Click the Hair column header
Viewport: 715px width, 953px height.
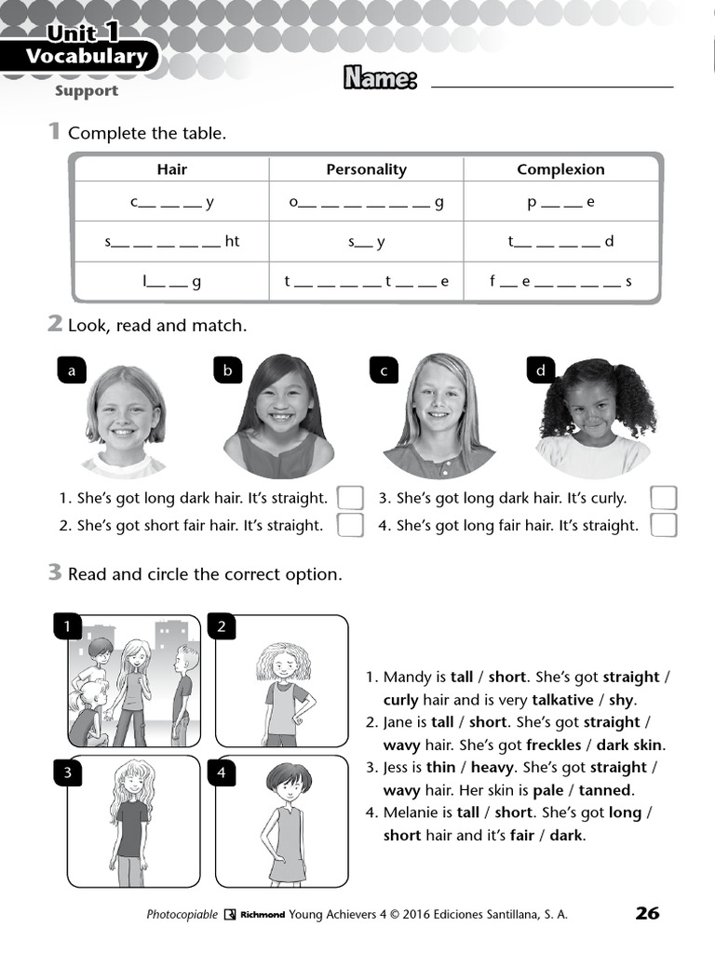pyautogui.click(x=172, y=169)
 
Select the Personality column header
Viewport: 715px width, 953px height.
pyautogui.click(x=366, y=169)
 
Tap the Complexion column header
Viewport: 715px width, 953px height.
pyautogui.click(x=560, y=169)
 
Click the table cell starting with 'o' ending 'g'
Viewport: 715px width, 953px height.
pyautogui.click(x=366, y=202)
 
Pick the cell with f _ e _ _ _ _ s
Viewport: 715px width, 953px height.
pyautogui.click(x=560, y=281)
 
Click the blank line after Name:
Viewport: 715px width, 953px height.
pyautogui.click(x=552, y=82)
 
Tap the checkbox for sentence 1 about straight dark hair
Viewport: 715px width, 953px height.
pyautogui.click(x=350, y=498)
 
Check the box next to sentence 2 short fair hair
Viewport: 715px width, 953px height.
pyautogui.click(x=350, y=525)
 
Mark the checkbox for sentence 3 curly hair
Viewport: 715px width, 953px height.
pyautogui.click(x=664, y=498)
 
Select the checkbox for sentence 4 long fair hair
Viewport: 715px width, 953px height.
pyautogui.click(x=664, y=525)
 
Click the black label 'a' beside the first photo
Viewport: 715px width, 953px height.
pyautogui.click(x=71, y=370)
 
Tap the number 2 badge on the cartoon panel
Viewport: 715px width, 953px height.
pyautogui.click(x=222, y=627)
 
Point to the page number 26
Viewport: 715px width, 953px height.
pyautogui.click(x=647, y=913)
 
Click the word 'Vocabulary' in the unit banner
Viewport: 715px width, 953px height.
pyautogui.click(x=86, y=57)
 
